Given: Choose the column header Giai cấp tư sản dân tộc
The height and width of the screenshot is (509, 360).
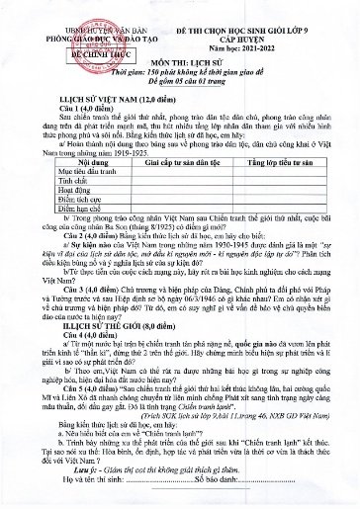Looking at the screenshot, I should click(160, 160).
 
